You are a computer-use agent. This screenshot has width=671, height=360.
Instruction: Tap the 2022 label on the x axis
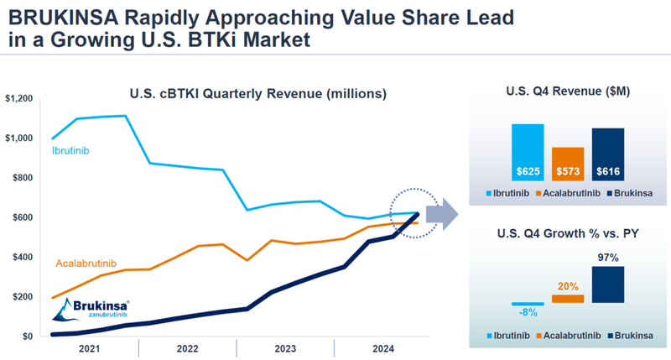(186, 348)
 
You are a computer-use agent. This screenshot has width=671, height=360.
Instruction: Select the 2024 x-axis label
(382, 348)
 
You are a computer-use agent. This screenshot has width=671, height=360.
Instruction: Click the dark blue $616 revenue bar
(607, 153)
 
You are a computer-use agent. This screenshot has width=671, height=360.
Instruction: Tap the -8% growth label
(528, 314)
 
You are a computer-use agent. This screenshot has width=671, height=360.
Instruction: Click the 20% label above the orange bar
(568, 285)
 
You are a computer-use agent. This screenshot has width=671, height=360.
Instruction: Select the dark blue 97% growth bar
(607, 284)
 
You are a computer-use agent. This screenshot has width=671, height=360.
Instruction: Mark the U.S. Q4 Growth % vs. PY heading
(567, 232)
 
